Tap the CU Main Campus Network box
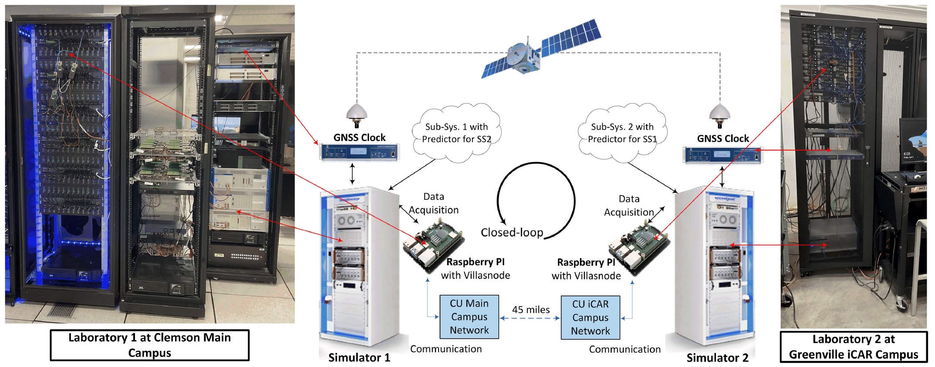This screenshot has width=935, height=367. [x=469, y=317]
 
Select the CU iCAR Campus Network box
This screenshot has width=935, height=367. [x=590, y=318]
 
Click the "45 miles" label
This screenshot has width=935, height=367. [x=530, y=310]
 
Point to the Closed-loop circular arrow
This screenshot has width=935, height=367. [x=536, y=198]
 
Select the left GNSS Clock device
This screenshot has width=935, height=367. [x=359, y=152]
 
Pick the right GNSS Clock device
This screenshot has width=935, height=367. [x=722, y=155]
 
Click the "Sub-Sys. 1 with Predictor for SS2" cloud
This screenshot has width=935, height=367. [x=456, y=133]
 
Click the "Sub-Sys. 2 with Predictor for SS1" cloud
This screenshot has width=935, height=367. [x=622, y=133]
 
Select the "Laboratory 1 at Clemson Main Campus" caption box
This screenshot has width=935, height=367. [x=149, y=345]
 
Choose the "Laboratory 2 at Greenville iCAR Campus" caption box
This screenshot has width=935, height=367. [x=853, y=347]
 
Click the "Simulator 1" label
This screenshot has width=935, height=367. [x=359, y=358]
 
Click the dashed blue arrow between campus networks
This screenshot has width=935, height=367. [x=530, y=318]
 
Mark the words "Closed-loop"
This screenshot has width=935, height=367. [x=512, y=232]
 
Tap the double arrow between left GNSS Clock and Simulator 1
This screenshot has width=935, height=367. [x=352, y=174]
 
